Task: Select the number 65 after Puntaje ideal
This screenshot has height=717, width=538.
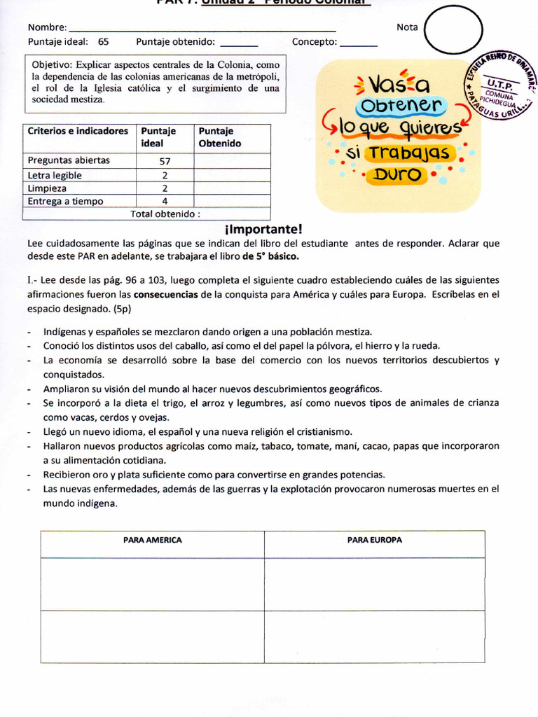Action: coord(104,41)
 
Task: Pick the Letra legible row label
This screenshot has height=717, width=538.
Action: coord(55,175)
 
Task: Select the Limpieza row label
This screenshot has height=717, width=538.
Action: coord(48,188)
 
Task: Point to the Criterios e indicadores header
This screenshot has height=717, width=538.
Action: coord(78,131)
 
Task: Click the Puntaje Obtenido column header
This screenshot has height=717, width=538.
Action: coord(219,137)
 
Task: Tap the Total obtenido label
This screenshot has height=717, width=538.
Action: coord(165,214)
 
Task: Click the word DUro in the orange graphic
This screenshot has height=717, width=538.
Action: coord(397,175)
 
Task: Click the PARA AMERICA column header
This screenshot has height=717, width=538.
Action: coord(152,540)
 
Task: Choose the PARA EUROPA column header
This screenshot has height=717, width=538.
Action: coord(374,540)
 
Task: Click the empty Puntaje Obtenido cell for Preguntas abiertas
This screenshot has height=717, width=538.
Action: coord(232,160)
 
